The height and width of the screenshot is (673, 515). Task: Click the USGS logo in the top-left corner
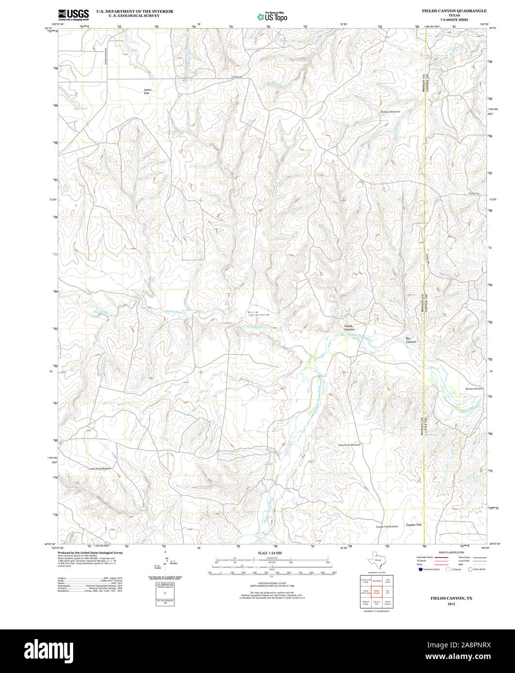click(73, 15)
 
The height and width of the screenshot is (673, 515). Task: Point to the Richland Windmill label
click(390, 112)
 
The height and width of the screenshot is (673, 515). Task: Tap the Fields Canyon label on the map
click(349, 328)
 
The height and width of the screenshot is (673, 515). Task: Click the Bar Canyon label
click(411, 340)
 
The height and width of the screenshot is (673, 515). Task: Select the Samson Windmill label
click(474, 389)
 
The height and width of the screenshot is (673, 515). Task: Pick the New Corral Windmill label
click(350, 444)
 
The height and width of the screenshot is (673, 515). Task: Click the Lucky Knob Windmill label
click(100, 468)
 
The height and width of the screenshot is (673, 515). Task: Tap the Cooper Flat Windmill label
click(387, 527)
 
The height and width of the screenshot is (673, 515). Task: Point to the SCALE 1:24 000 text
click(270, 553)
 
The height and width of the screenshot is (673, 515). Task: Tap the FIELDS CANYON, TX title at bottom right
click(451, 598)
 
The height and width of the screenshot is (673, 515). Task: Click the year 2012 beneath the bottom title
click(451, 604)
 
